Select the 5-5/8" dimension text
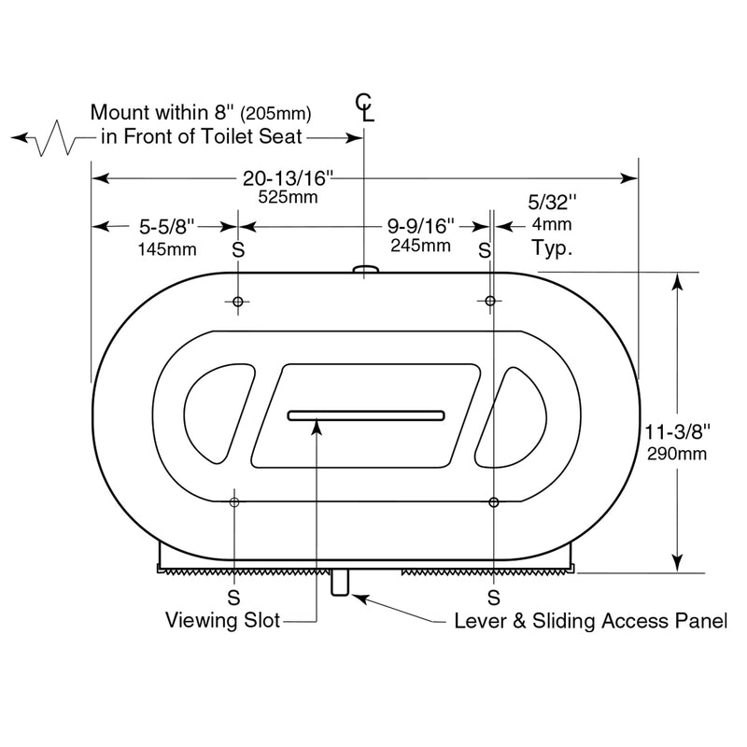(x=166, y=226)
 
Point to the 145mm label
(x=166, y=248)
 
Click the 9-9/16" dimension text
(x=420, y=226)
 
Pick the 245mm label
(x=420, y=246)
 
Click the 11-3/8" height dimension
(x=679, y=431)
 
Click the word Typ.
(x=551, y=248)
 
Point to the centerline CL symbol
(x=366, y=108)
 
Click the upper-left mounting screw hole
(x=238, y=301)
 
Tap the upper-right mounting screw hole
(x=490, y=300)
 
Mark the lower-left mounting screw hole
(x=233, y=502)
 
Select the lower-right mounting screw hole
(x=493, y=502)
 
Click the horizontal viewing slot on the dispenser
(x=366, y=415)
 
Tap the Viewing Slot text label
(x=222, y=620)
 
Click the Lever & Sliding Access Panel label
(x=590, y=620)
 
